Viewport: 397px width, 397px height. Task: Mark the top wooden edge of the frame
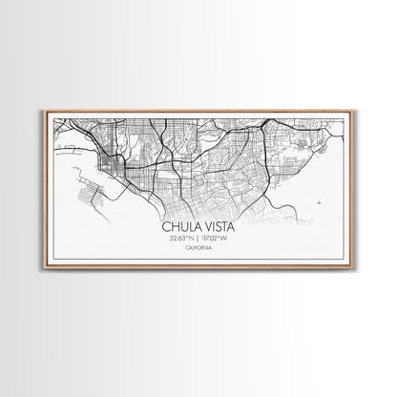pyautogui.click(x=198, y=111)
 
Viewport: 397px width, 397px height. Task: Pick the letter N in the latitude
pyautogui.click(x=192, y=239)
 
